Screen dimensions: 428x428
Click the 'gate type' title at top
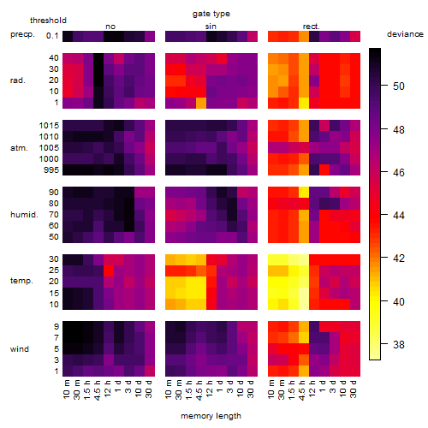coord(211,14)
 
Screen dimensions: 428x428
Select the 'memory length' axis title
coord(211,416)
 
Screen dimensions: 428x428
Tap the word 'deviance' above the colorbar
coord(405,34)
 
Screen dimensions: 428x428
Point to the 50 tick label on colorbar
coord(399,86)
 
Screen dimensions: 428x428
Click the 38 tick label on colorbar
coord(399,344)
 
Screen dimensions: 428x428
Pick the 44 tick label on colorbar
coord(399,215)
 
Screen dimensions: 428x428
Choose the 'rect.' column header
coord(312,27)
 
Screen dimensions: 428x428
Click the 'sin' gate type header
coord(211,27)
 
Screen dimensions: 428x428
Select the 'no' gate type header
coord(110,27)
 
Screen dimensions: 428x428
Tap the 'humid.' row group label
coord(24,215)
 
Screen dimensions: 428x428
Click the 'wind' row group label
coord(20,349)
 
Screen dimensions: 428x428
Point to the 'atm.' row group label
coord(19,148)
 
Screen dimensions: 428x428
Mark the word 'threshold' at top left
coord(48,21)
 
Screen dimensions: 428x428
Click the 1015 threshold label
coord(49,126)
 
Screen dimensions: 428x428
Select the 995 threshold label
coord(51,170)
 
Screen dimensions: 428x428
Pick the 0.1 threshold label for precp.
coord(52,36)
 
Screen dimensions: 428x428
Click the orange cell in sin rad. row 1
coord(201,103)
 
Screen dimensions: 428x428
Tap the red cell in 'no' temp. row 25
coord(109,270)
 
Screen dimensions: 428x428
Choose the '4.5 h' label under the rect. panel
coord(301,390)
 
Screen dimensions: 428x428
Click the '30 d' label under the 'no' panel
coord(148,389)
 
